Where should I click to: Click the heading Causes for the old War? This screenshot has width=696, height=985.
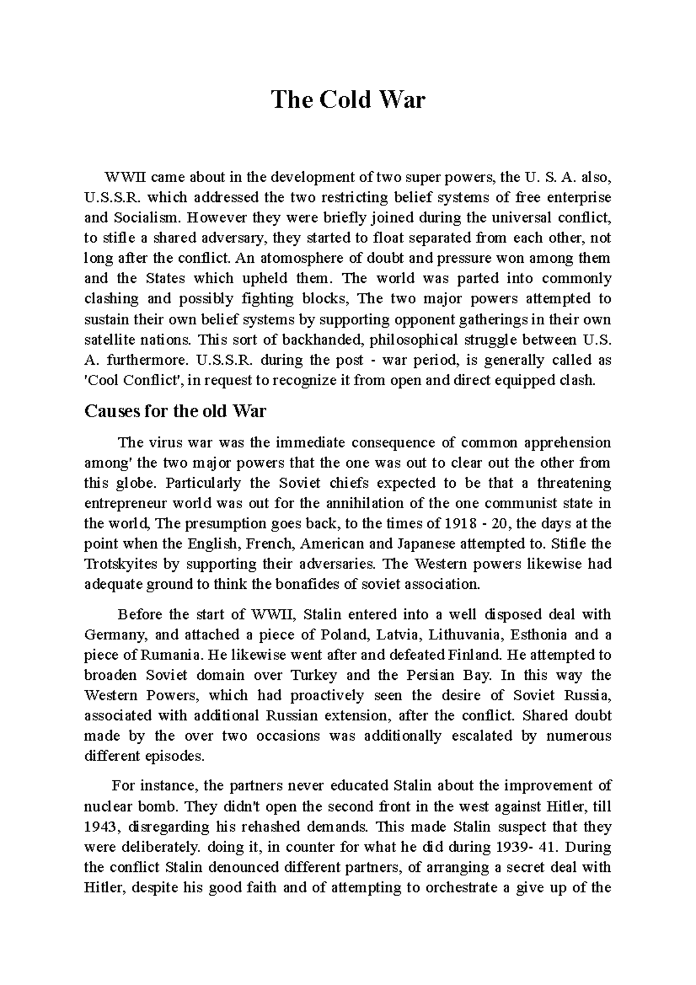(175, 411)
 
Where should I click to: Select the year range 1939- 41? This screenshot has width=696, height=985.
(521, 846)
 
